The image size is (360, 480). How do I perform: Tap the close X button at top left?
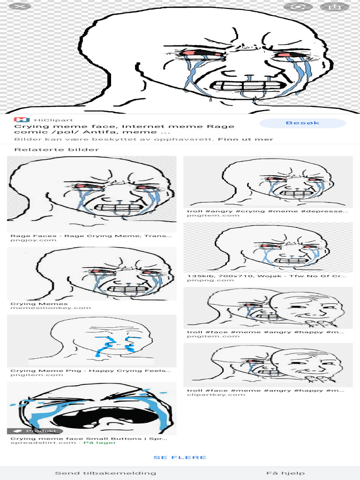16,7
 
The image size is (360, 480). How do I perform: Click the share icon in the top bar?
334,7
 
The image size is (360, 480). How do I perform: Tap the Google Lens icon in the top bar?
299,7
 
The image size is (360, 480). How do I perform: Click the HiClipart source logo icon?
19,120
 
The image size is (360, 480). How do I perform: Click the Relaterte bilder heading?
57,150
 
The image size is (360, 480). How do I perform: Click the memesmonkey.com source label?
51,308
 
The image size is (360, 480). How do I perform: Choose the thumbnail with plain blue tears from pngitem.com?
92,341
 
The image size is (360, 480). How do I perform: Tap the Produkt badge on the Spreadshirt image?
33,431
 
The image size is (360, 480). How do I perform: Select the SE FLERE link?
180,457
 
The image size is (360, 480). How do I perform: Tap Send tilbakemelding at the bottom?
105,473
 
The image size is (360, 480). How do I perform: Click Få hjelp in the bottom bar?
285,473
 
